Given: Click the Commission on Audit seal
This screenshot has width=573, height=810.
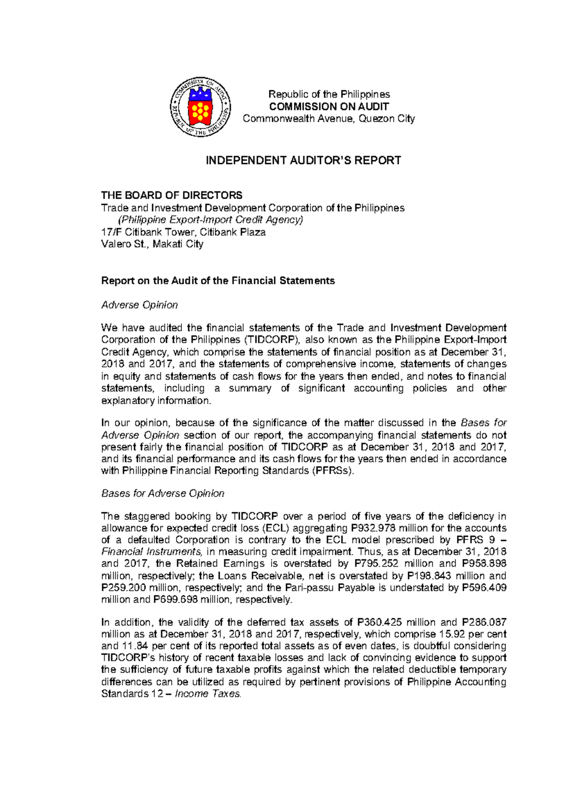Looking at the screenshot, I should pyautogui.click(x=201, y=107).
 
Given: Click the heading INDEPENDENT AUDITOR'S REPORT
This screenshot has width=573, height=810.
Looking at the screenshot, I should pyautogui.click(x=303, y=160).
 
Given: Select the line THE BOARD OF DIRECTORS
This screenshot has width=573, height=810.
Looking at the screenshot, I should pyautogui.click(x=171, y=195).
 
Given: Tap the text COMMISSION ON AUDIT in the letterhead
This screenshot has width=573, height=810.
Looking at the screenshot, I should pyautogui.click(x=329, y=106).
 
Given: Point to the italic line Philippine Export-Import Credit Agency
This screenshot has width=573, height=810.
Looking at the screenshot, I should pyautogui.click(x=211, y=220).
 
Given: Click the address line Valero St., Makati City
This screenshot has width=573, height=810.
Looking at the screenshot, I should pyautogui.click(x=152, y=244).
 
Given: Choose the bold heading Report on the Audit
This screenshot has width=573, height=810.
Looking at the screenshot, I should pyautogui.click(x=218, y=280).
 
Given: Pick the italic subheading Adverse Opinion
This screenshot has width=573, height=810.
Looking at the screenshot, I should pyautogui.click(x=139, y=305).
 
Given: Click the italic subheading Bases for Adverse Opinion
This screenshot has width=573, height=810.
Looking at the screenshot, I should pyautogui.click(x=162, y=493).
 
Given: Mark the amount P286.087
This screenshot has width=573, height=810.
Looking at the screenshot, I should pyautogui.click(x=484, y=623).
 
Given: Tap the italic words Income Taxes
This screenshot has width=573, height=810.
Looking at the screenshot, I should pyautogui.click(x=208, y=694).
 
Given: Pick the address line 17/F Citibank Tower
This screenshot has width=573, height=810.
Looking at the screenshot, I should pyautogui.click(x=183, y=232).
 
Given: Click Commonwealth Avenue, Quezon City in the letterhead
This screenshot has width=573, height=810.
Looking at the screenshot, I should pyautogui.click(x=329, y=119).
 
